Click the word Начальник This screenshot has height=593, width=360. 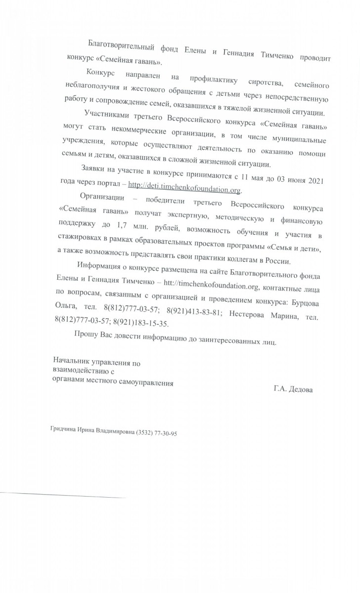pos(72,363)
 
